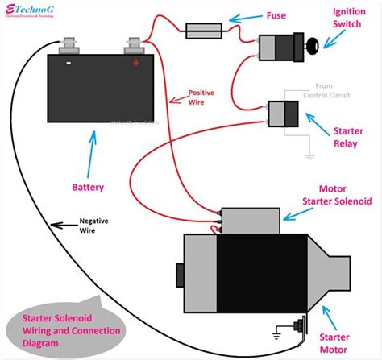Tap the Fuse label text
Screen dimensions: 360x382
pyautogui.click(x=280, y=14)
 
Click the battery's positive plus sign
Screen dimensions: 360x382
pyautogui.click(x=135, y=62)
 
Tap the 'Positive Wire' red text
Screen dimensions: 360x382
pyautogui.click(x=201, y=97)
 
